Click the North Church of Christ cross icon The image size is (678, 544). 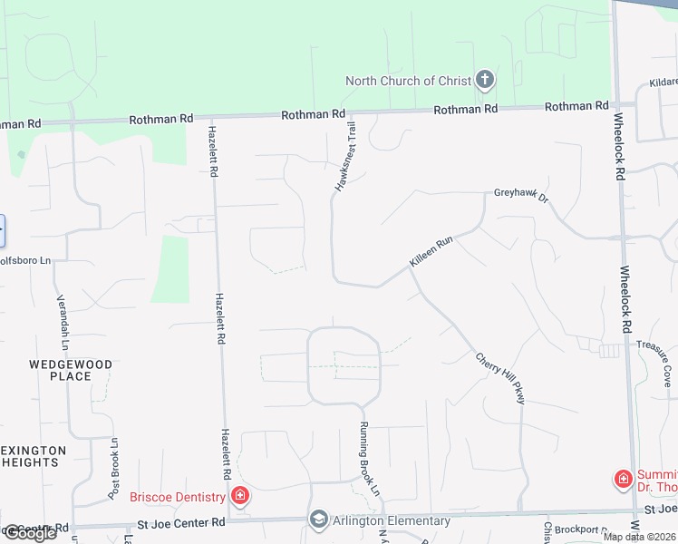tap(484, 81)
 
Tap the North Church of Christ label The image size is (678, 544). tap(408, 81)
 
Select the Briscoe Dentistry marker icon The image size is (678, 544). tap(240, 495)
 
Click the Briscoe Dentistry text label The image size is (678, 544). tap(177, 496)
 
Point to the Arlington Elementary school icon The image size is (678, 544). tap(318, 520)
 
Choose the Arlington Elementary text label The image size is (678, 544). tap(391, 520)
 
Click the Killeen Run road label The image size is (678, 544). tap(431, 251)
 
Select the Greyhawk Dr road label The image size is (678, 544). tap(521, 193)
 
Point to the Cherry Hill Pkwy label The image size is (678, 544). tap(500, 378)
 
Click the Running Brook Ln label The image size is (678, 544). tap(368, 460)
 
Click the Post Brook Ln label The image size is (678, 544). tap(113, 469)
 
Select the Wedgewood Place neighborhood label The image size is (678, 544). tap(71, 370)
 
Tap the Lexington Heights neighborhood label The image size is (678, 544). tap(32, 456)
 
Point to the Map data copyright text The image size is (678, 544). tap(639, 537)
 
